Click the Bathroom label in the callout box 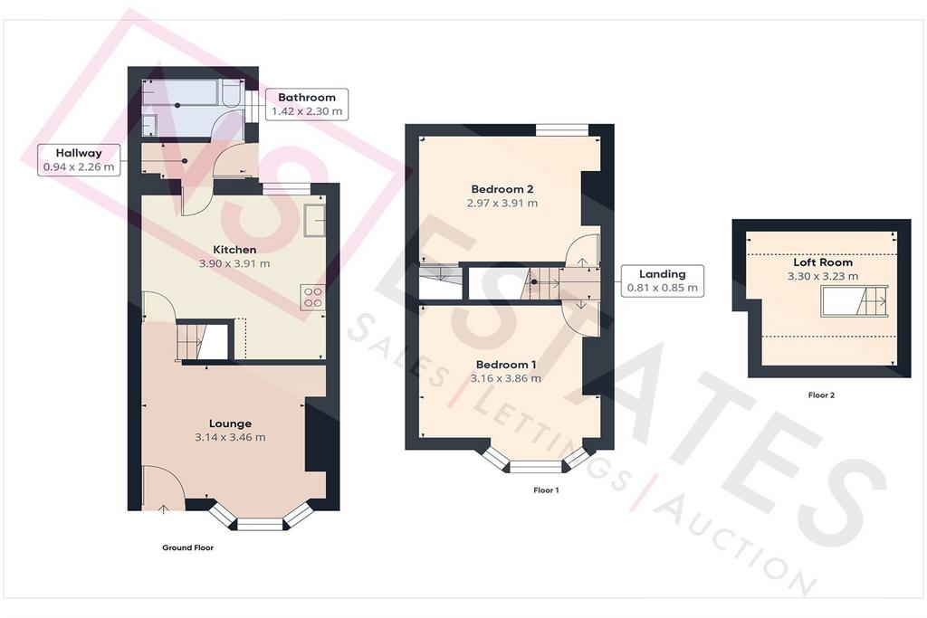[x=306, y=98]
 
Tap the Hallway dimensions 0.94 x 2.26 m [x=79, y=166]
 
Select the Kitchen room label [x=234, y=250]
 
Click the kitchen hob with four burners [x=312, y=297]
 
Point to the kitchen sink [x=314, y=221]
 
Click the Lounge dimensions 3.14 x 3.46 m [x=230, y=437]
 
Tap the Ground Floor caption [x=188, y=547]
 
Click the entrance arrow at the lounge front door [x=163, y=509]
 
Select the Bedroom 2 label [x=502, y=189]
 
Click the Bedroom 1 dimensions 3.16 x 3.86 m [x=505, y=378]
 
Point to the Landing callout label [x=662, y=274]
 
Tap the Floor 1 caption [x=546, y=490]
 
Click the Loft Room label [x=823, y=261]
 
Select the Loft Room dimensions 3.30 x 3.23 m [x=823, y=276]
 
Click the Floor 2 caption [x=821, y=395]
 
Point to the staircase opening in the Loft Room [x=855, y=301]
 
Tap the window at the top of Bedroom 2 [x=562, y=129]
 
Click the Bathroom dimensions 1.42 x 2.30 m [x=306, y=111]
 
